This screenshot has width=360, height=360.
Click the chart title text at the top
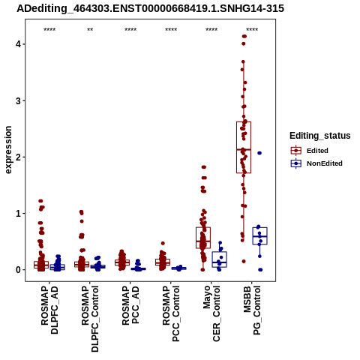pos(150,9)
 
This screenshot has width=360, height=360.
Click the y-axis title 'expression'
pos(8,150)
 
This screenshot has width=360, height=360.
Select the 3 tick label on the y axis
pos(18,100)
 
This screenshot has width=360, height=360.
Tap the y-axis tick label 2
pos(18,157)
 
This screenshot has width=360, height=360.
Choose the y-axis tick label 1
pos(18,214)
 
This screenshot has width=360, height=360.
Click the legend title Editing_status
pos(320,136)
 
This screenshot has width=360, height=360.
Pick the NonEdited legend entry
pos(316,163)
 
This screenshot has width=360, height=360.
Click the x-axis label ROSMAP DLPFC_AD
pos(49,310)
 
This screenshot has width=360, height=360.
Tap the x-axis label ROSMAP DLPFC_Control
pos(90,319)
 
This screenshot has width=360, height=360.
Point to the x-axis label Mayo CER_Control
pos(211,313)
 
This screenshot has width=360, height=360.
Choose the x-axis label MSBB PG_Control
pos(252,310)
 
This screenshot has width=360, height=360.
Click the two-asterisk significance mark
pos(90,30)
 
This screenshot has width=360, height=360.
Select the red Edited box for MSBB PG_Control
pos(244,147)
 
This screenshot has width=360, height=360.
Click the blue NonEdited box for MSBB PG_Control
pos(259,235)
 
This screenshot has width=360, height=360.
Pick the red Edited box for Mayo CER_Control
pos(203,238)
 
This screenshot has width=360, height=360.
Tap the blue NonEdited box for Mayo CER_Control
pos(219,259)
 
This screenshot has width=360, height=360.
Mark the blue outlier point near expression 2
pos(259,153)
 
